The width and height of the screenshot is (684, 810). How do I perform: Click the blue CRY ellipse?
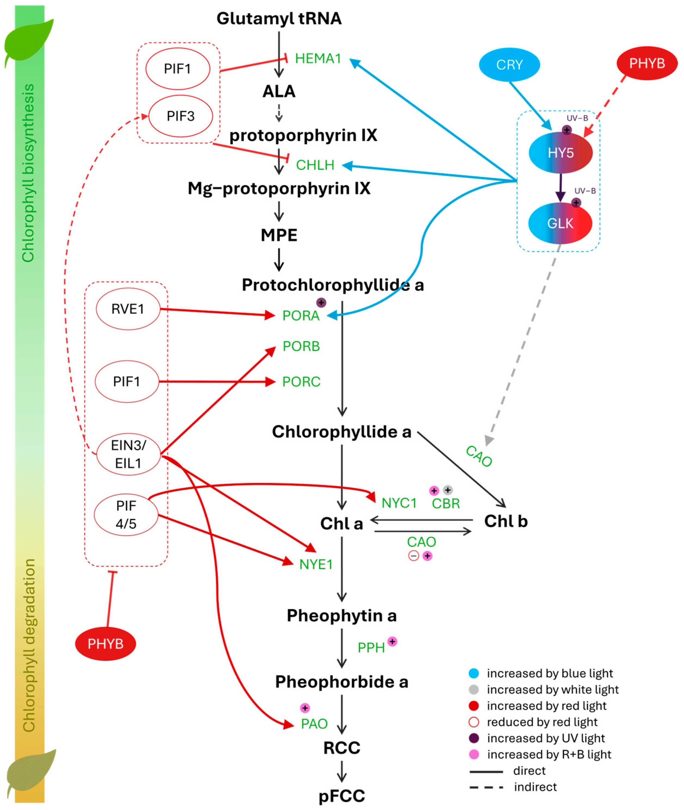pyautogui.click(x=509, y=65)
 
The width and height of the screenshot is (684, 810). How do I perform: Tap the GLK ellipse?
pyautogui.click(x=560, y=223)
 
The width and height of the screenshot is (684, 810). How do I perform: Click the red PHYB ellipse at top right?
pyautogui.click(x=647, y=63)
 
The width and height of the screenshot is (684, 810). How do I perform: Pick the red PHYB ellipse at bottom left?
pyautogui.click(x=106, y=644)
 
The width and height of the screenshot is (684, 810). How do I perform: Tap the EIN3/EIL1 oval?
pyautogui.click(x=128, y=454)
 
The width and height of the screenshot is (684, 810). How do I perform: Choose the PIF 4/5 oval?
pyautogui.click(x=126, y=515)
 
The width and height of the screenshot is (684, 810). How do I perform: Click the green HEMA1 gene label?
pyautogui.click(x=318, y=59)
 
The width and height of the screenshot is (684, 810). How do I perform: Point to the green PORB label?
pyautogui.click(x=301, y=346)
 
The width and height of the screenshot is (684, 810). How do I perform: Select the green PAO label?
pyautogui.click(x=314, y=724)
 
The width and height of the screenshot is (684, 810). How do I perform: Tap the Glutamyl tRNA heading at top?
pyautogui.click(x=279, y=18)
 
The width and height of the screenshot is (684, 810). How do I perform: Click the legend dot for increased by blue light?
pyautogui.click(x=474, y=673)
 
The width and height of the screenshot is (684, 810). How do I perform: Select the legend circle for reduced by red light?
pyautogui.click(x=474, y=722)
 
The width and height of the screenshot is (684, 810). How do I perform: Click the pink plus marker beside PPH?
pyautogui.click(x=392, y=642)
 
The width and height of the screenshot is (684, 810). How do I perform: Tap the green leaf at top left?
pyautogui.click(x=29, y=41)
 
